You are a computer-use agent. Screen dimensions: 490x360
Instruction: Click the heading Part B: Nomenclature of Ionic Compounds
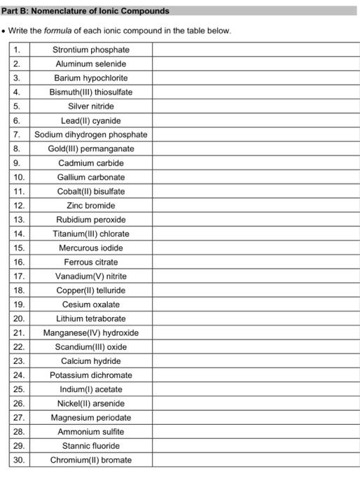(85, 11)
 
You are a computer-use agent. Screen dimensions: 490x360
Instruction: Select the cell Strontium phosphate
(91, 50)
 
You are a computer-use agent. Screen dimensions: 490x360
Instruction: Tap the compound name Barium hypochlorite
(91, 78)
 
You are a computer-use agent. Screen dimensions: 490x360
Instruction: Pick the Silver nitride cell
(91, 106)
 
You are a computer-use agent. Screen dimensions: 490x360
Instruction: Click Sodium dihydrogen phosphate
(91, 134)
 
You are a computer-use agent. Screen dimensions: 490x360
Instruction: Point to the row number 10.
(19, 177)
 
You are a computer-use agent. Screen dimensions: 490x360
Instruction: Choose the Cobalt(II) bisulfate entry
(91, 191)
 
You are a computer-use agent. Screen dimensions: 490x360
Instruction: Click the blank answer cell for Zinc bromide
(255, 205)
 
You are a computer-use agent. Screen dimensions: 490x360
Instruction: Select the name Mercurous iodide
(91, 248)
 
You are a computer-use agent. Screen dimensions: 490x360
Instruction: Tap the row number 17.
(19, 276)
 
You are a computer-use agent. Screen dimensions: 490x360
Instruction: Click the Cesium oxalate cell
(91, 304)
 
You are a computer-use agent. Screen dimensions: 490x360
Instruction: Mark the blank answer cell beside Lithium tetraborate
(255, 318)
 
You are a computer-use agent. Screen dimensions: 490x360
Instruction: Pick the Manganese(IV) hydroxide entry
(91, 332)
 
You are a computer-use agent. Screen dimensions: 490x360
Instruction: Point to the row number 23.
(19, 361)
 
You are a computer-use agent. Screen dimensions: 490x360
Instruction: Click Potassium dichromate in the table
(91, 375)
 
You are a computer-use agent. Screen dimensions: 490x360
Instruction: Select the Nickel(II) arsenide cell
(91, 403)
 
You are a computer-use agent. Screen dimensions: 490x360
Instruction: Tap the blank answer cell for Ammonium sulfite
(255, 432)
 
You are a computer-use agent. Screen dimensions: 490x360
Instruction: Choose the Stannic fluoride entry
(91, 446)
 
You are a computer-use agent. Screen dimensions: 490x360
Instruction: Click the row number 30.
(19, 460)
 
